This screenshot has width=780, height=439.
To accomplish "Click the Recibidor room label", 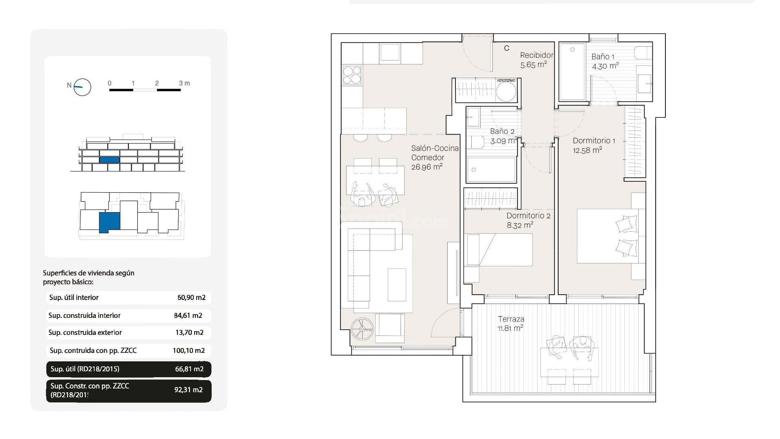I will (537, 55).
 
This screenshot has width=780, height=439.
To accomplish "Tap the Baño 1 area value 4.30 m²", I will (605, 66).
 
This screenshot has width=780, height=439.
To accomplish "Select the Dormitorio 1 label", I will (594, 141).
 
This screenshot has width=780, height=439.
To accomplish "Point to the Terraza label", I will (511, 319).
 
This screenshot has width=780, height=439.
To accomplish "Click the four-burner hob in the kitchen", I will (352, 75).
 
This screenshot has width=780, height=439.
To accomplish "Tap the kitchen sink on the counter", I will (390, 53).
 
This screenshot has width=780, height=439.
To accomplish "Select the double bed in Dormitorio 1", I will (607, 236).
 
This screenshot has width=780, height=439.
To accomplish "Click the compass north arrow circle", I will (82, 87).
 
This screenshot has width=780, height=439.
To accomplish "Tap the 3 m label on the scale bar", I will (184, 83).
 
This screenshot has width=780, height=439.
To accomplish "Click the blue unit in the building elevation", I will (110, 160).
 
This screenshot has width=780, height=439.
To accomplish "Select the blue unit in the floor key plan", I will (110, 222).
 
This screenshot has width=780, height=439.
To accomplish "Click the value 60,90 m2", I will (191, 298).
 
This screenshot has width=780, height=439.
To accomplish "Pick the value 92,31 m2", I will (188, 390).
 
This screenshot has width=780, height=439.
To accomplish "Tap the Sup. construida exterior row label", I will (85, 333).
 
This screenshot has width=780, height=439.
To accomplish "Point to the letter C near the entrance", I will (507, 48).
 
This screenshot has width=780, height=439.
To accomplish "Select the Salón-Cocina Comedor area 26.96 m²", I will (427, 167).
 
